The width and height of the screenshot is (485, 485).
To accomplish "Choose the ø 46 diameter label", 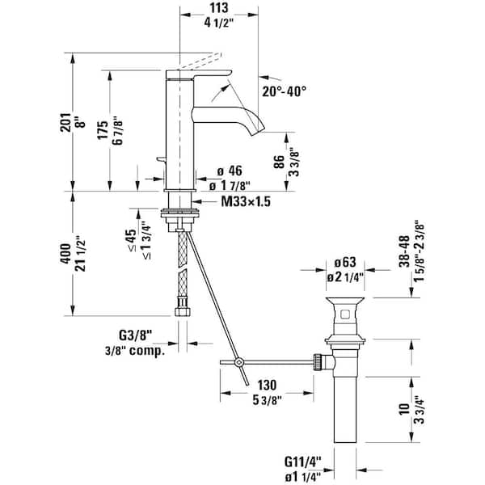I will tap(230, 171).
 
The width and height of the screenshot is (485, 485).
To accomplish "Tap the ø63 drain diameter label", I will tap(345, 264).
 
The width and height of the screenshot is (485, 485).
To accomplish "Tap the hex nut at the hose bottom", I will tap(181, 310).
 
